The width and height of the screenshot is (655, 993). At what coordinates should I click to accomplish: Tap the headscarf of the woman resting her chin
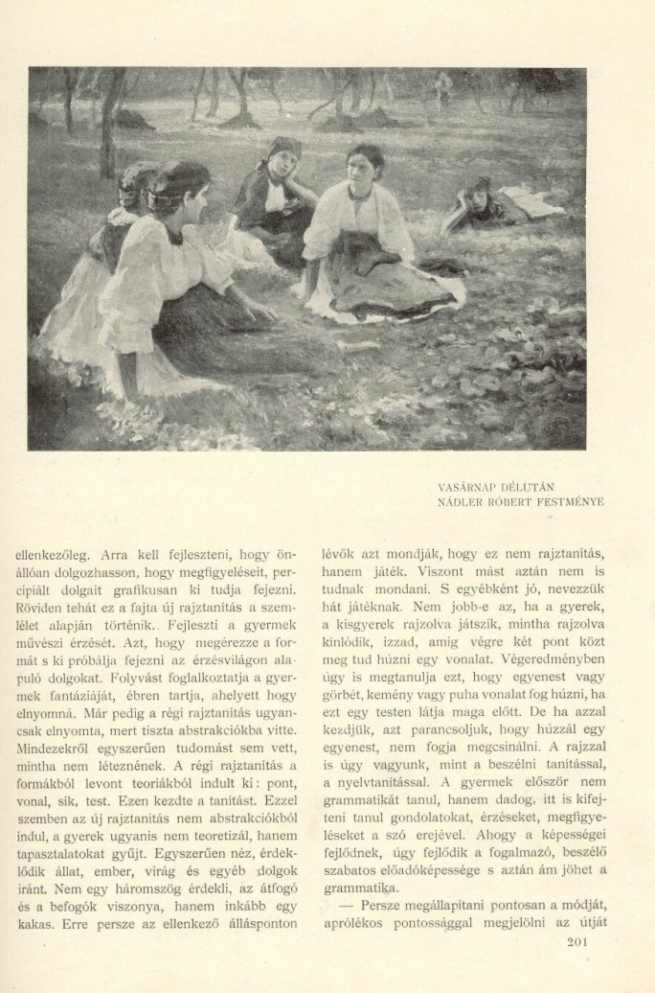pos(282,150)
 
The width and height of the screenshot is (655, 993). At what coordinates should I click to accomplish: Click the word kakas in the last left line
pos(34,926)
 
